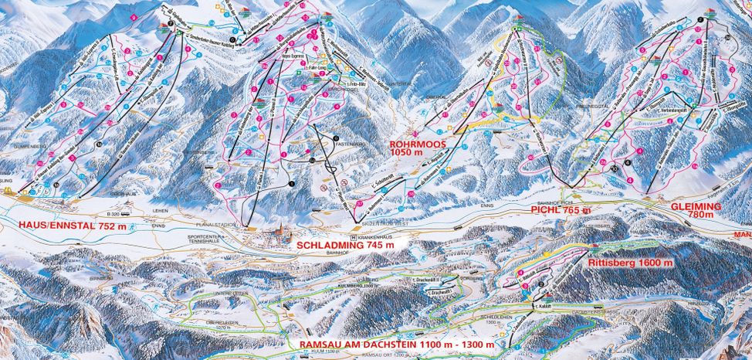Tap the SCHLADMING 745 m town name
[x=345, y=244]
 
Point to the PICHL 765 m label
[x=560, y=209]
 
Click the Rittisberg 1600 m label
[x=630, y=263]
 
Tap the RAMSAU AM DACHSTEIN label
[x=391, y=344]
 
